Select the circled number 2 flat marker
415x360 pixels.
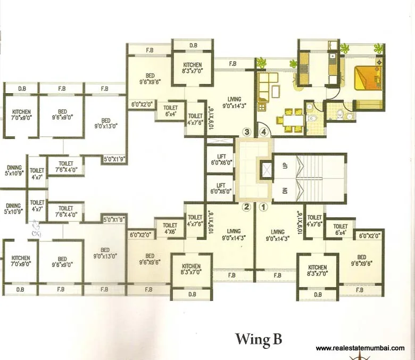[x=246, y=208]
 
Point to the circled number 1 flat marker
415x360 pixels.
[x=262, y=208]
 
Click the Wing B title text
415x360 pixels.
[x=259, y=339]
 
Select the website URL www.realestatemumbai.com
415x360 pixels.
[x=360, y=348]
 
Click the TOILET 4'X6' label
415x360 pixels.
[x=170, y=228]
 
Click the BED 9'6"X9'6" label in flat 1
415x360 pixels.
[x=362, y=260]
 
